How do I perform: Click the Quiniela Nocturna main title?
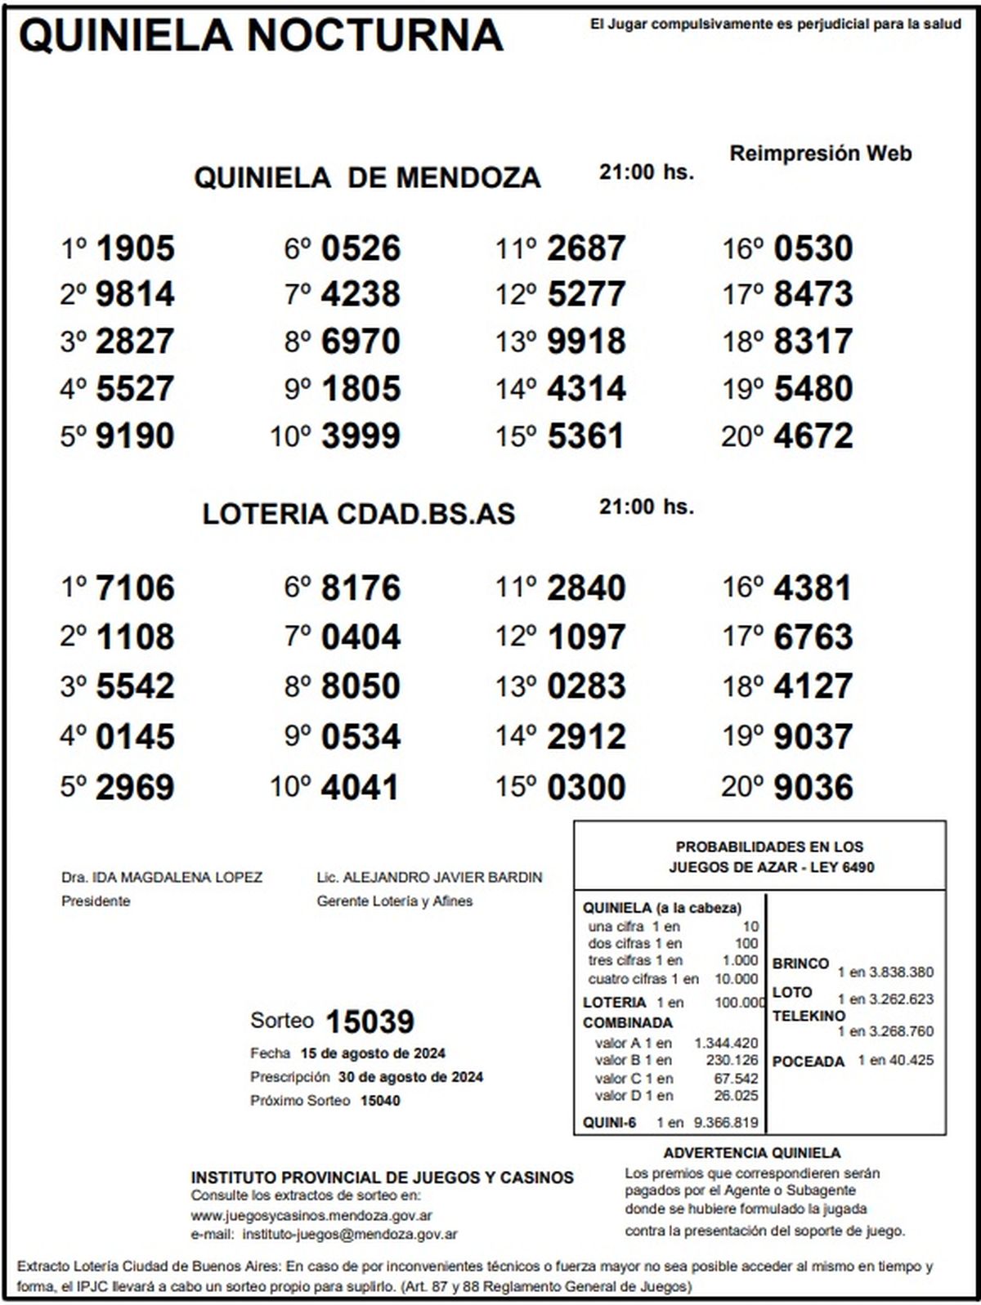(x=260, y=36)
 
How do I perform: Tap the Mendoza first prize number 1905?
(x=135, y=248)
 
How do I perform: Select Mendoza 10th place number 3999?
(x=361, y=436)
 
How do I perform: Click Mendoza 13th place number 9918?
(x=586, y=342)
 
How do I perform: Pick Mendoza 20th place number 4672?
(x=813, y=436)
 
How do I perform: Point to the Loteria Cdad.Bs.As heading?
(x=359, y=514)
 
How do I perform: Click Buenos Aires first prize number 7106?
(x=135, y=588)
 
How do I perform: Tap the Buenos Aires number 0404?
(x=361, y=637)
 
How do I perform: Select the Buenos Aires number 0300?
(x=586, y=788)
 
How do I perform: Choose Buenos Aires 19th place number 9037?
(x=813, y=737)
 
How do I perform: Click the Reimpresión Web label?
(x=820, y=154)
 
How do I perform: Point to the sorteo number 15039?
(x=370, y=1021)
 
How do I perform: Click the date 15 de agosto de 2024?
(x=373, y=1053)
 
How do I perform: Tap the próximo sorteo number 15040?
(x=380, y=1101)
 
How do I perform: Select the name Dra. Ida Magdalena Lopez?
(x=162, y=878)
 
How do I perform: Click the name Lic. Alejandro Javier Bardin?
(x=429, y=878)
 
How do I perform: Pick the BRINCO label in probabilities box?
(x=800, y=964)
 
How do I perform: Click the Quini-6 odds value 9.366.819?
(x=726, y=1123)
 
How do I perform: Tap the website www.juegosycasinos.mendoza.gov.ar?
(x=311, y=1215)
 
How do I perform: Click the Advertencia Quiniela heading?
(x=751, y=1153)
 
